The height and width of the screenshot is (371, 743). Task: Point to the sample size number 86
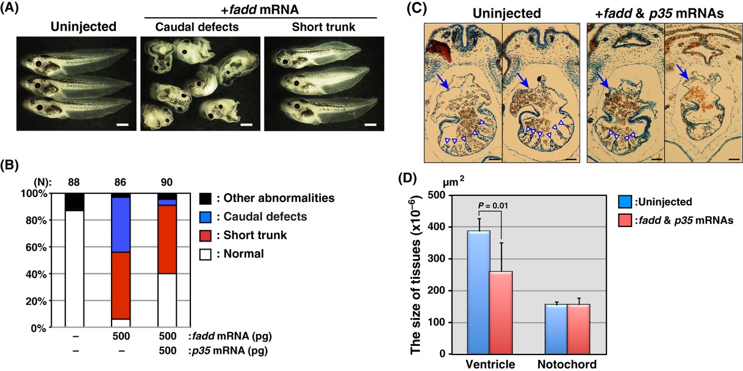point(120,181)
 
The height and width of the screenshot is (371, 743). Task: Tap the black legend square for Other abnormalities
point(205,198)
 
